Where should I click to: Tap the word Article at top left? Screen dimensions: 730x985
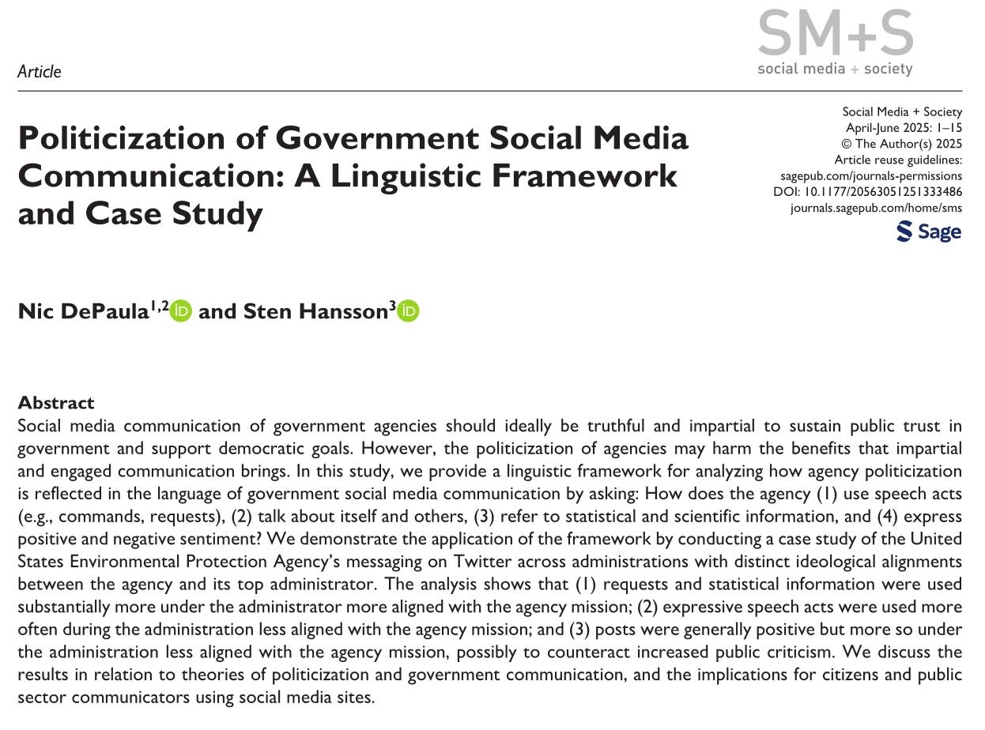(40, 72)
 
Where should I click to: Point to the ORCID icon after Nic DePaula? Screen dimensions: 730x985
(181, 312)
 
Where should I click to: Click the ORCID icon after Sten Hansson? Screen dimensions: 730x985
(409, 312)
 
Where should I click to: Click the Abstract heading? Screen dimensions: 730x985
(56, 403)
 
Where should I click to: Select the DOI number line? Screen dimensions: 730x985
(867, 192)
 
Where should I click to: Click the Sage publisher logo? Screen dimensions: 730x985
(929, 231)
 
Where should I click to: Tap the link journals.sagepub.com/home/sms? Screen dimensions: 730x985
(876, 209)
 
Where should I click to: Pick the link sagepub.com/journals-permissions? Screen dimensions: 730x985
(871, 176)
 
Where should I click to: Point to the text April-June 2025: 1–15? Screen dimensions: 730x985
(904, 127)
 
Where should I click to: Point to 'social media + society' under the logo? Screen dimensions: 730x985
(835, 69)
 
